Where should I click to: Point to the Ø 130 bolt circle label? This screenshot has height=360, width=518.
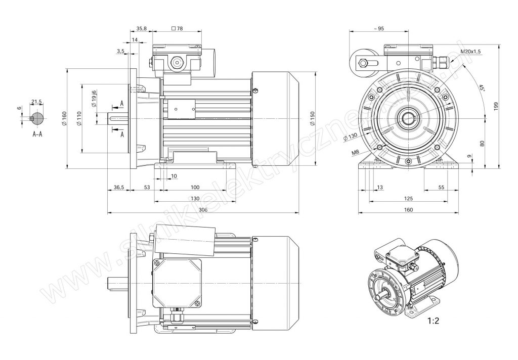coord(350,137)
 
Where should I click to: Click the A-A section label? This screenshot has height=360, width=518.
coord(37,135)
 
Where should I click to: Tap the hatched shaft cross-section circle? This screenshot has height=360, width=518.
coord(37,118)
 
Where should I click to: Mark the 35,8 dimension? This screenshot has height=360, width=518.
coord(141,29)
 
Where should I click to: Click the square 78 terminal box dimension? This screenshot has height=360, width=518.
coord(177,29)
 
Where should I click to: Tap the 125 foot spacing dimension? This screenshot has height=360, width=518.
coord(409,199)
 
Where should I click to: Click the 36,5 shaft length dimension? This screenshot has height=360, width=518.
coord(118,188)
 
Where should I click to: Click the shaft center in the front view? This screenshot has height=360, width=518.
coord(408,119)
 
